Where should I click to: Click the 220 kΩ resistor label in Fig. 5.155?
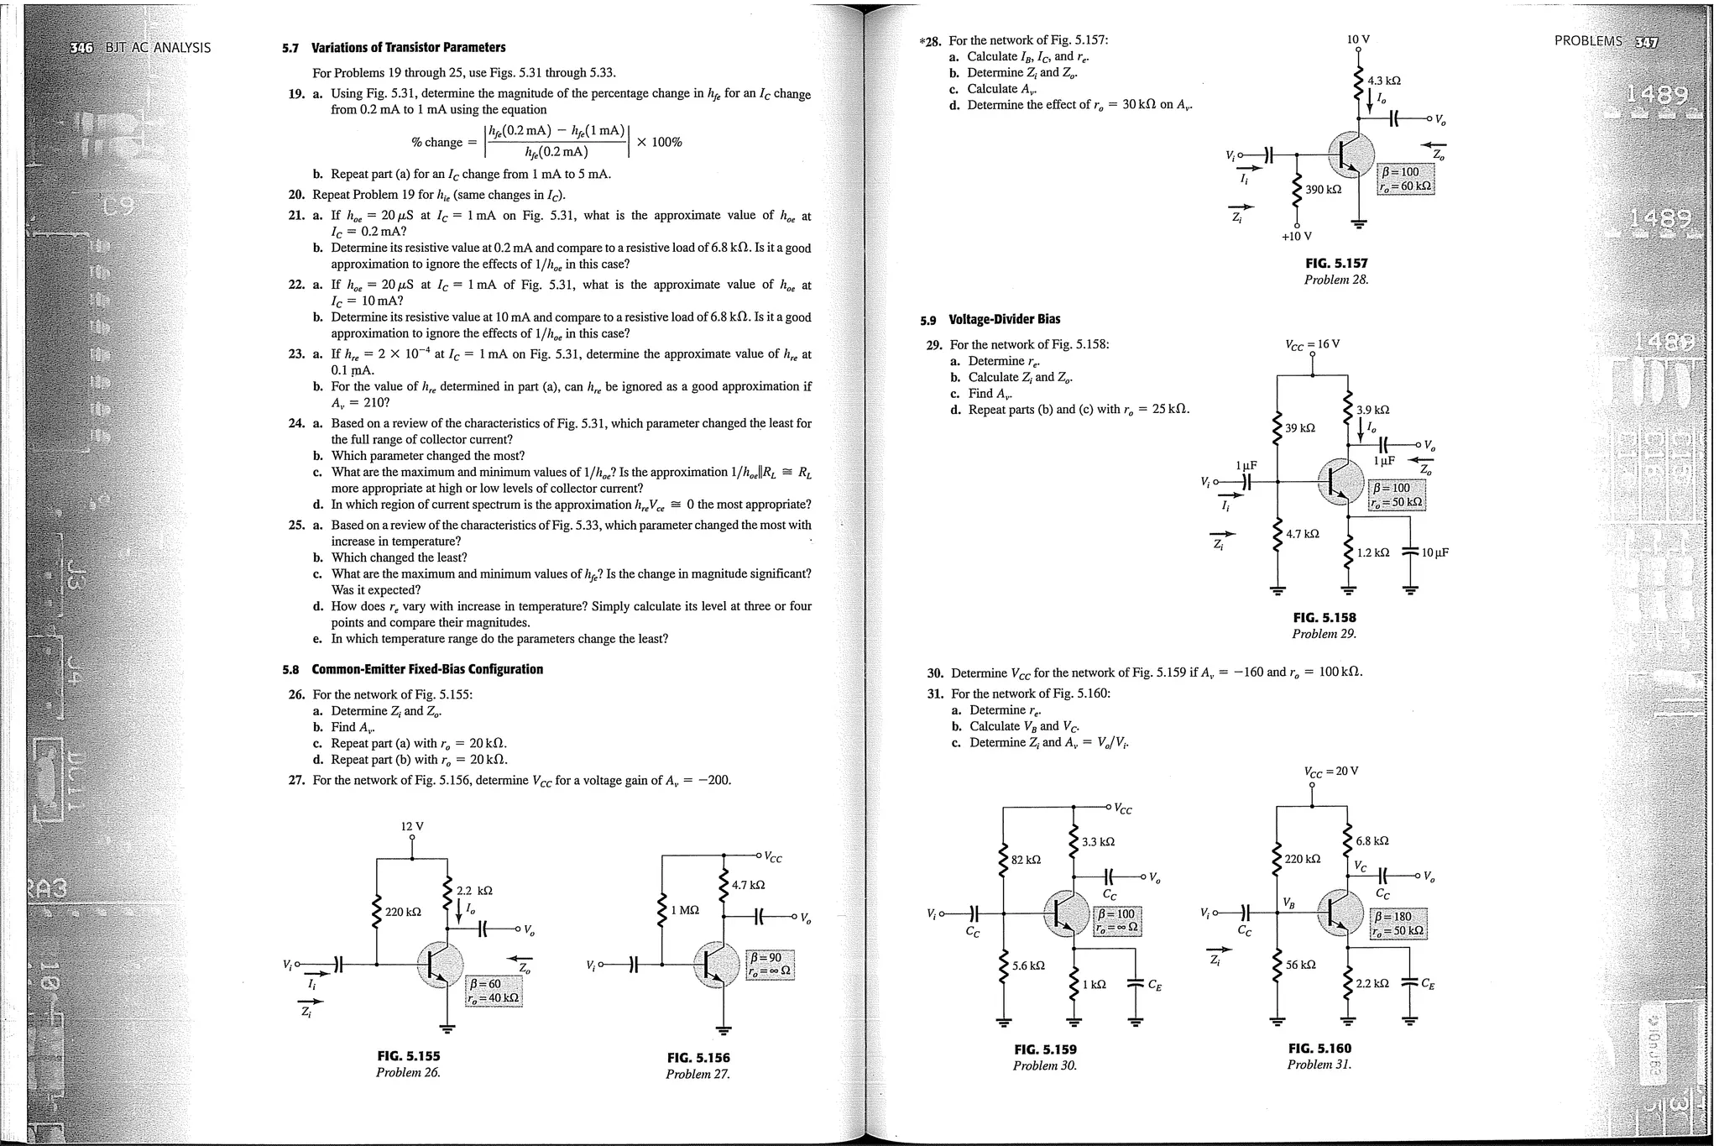coord(403,912)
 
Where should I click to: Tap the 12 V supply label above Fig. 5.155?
coord(412,826)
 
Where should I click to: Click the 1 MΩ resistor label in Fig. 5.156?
coord(685,910)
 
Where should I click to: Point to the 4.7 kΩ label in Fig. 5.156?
coord(748,885)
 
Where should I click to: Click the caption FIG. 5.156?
coord(698,1058)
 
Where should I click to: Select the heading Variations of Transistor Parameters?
coord(408,48)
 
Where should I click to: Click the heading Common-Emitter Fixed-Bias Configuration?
coord(427,669)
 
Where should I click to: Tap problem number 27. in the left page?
coord(296,781)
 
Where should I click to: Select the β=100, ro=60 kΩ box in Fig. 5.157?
coord(1406,180)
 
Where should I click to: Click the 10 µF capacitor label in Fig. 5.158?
coord(1435,552)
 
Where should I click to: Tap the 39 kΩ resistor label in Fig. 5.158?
coord(1300,428)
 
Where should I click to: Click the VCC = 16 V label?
coord(1312,344)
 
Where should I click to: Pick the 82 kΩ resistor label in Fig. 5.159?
coord(1026,860)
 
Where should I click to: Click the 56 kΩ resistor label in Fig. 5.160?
coord(1301,965)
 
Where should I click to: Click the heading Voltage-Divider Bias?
coord(1004,319)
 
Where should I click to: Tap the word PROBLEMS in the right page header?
coord(1588,41)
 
